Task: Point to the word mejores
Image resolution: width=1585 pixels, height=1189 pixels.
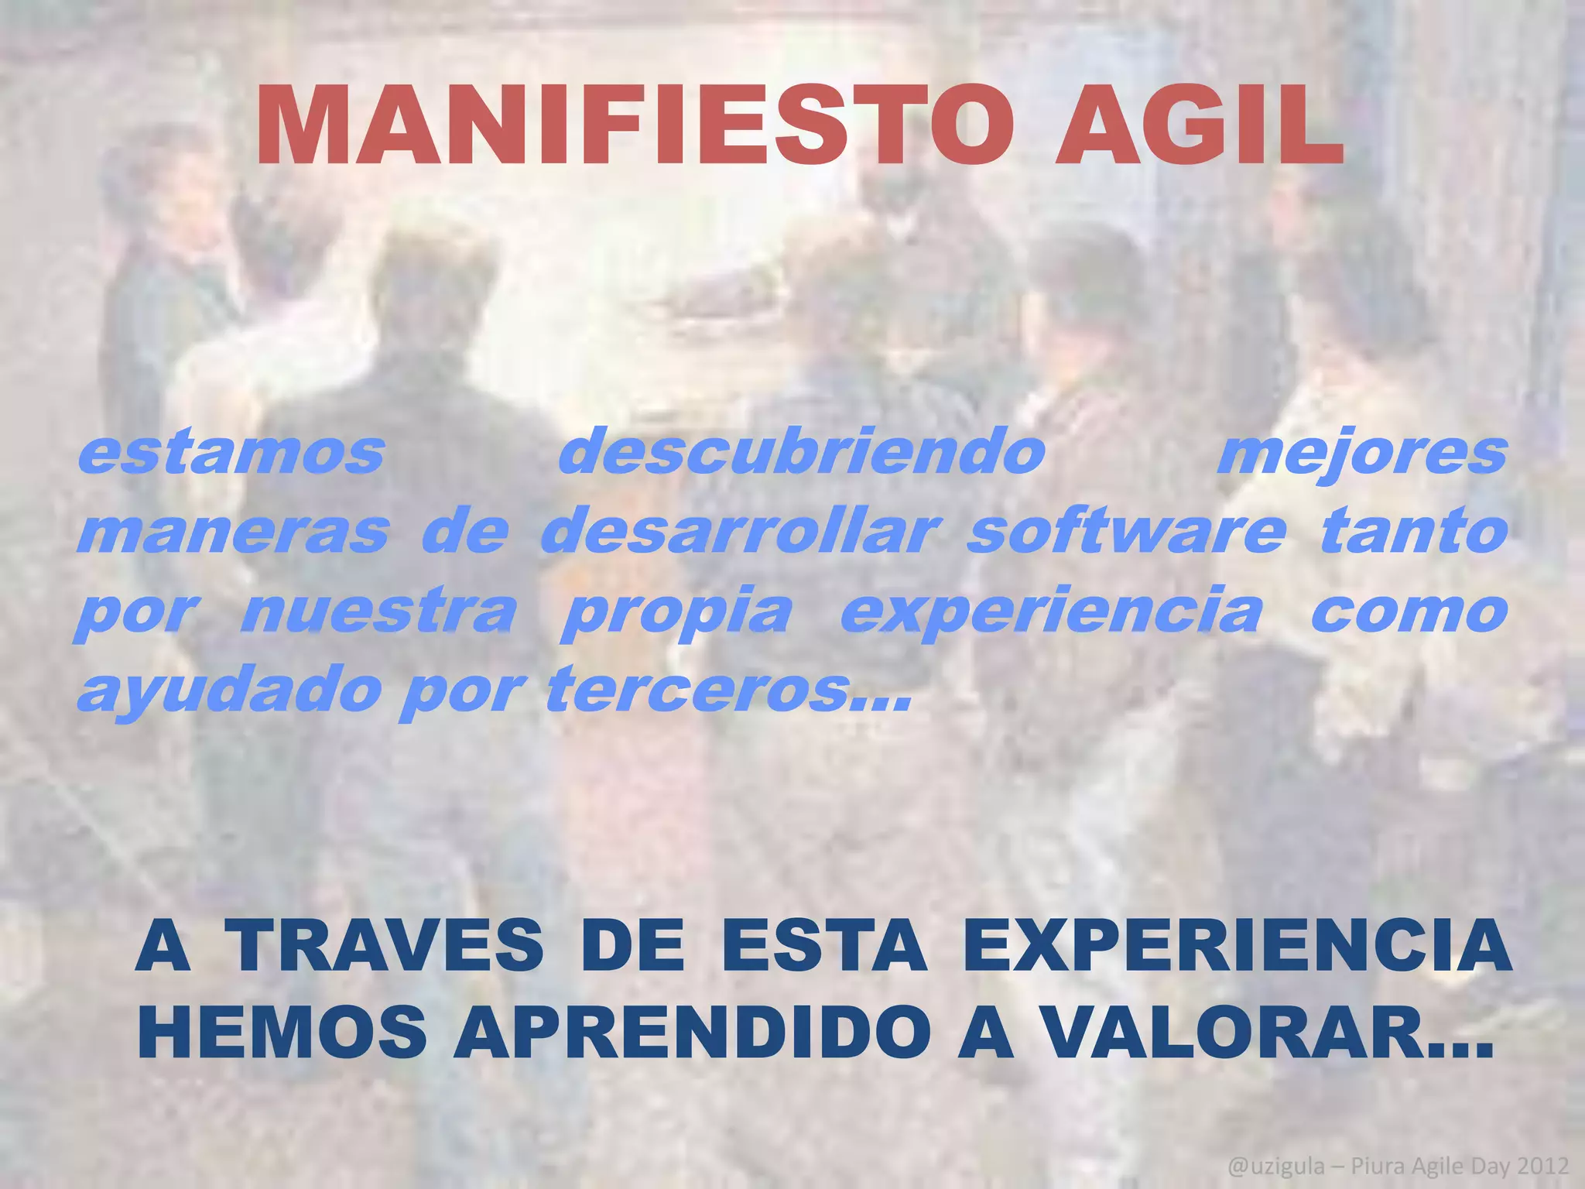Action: coord(1362,455)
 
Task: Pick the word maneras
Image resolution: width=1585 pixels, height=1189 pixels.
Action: coord(232,532)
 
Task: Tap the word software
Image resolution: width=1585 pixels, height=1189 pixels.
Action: coord(1126,532)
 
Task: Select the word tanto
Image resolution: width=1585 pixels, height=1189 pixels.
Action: coord(1414,532)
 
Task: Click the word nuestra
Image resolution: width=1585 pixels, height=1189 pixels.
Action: coord(378,612)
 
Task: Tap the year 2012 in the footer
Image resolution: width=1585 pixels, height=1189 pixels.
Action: coord(1542,1165)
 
